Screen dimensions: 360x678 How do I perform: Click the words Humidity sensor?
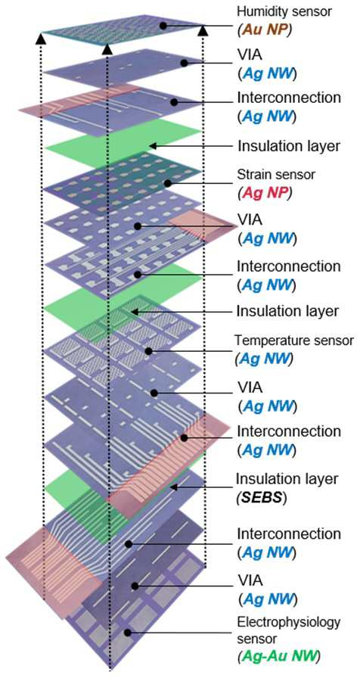tap(285, 11)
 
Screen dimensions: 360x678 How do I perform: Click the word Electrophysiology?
tap(289, 623)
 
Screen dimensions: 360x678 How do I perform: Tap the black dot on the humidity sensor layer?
tap(163, 26)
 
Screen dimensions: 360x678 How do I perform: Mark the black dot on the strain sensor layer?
tap(168, 183)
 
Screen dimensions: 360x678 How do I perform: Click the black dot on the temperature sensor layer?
tap(149, 351)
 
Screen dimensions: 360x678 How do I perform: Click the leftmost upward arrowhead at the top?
tap(40, 39)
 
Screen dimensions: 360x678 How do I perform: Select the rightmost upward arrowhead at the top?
tap(203, 31)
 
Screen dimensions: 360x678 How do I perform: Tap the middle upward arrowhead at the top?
tap(107, 50)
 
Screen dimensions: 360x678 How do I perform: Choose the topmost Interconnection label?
tap(289, 98)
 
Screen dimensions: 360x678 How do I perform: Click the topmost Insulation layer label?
tap(289, 146)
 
